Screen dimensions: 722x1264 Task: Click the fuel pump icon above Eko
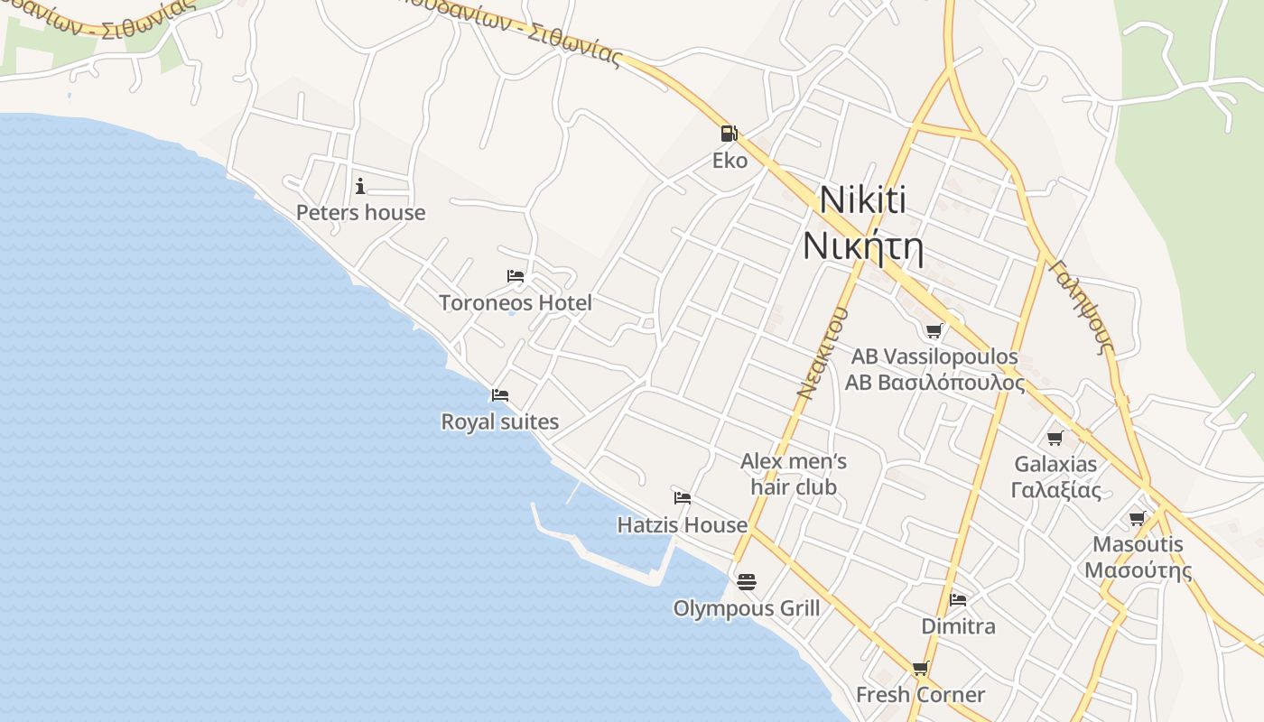[x=729, y=134]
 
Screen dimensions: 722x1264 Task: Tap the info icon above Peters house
[x=360, y=186]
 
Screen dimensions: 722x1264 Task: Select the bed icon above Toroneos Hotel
[x=516, y=276]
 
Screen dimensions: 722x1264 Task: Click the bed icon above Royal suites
[x=500, y=395]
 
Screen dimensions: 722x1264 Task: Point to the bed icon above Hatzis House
[x=683, y=498]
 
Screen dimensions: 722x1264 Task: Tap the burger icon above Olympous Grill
[x=746, y=582]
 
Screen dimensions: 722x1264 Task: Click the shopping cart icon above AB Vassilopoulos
[x=934, y=330]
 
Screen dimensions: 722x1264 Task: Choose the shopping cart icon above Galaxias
[x=1055, y=439]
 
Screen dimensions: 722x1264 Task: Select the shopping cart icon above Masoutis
[x=1138, y=518]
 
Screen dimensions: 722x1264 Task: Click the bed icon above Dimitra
[x=958, y=599]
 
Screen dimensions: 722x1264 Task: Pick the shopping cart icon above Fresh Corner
[x=920, y=668]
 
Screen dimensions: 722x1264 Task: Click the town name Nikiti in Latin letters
[x=863, y=200]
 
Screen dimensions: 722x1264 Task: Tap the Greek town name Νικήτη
[x=863, y=245]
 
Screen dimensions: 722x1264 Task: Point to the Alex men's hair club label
[x=794, y=475]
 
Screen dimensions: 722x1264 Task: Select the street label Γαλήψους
[x=1081, y=306]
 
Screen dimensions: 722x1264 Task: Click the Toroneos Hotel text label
[x=516, y=303]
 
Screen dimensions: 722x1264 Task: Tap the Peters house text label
[x=360, y=213]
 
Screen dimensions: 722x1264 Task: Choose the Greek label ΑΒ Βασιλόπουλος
[x=934, y=383]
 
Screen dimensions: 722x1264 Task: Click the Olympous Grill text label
[x=747, y=609]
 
